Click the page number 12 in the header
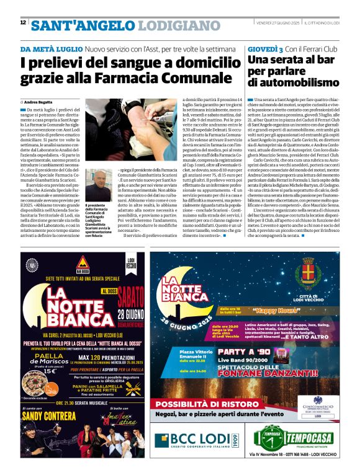(22, 22)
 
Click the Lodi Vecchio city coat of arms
(307, 274)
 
